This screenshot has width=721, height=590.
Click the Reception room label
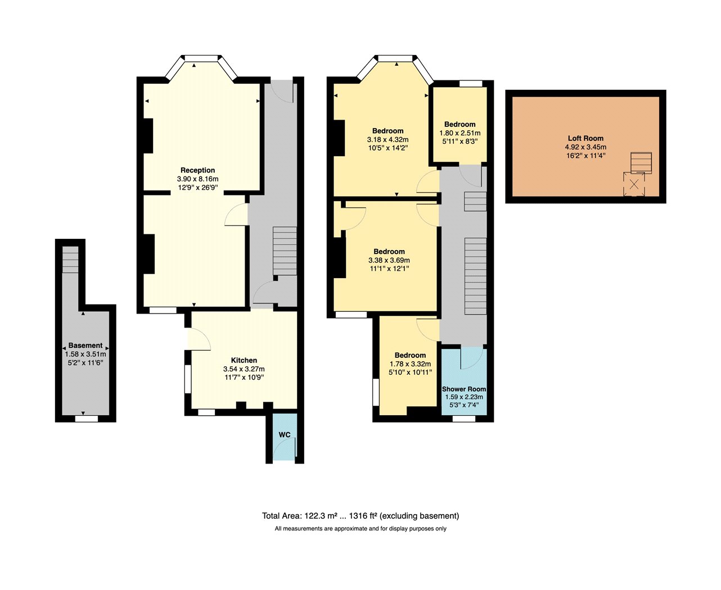[x=197, y=170]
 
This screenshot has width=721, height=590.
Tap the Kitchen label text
[x=244, y=360]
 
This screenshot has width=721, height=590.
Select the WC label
[x=285, y=434]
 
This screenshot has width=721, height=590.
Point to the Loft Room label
[x=585, y=138]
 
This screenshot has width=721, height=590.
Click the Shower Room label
[x=464, y=389]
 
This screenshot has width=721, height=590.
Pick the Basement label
[x=85, y=346]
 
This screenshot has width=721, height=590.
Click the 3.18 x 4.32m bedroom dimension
[x=387, y=139]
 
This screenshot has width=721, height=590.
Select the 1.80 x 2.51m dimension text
[x=460, y=133]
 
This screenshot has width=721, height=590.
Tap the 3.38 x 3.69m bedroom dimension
[x=389, y=260]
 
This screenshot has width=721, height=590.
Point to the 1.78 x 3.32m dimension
[x=410, y=364]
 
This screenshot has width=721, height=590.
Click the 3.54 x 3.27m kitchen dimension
[x=244, y=369]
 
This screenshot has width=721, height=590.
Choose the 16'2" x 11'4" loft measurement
[x=585, y=156]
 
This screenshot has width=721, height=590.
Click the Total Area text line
[x=360, y=515]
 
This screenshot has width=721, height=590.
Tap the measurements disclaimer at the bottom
[x=360, y=529]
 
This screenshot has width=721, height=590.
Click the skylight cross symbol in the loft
[x=634, y=184]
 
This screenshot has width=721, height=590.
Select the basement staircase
[x=70, y=260]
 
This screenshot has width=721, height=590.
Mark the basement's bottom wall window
[x=87, y=419]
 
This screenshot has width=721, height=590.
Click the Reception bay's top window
[x=201, y=58]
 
